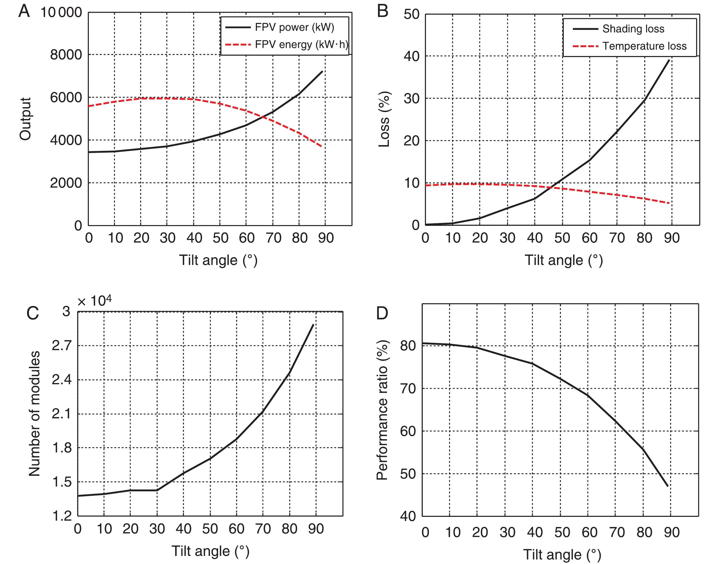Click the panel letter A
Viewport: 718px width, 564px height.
click(24, 11)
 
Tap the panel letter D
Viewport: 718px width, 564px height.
click(382, 313)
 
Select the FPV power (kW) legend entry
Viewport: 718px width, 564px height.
click(294, 27)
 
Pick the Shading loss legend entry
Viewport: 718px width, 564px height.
click(633, 29)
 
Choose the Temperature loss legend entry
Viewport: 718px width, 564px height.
click(644, 46)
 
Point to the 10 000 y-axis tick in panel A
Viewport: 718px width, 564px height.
click(61, 13)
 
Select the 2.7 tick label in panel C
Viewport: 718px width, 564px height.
click(62, 346)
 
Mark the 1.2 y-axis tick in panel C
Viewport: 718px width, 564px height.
click(62, 516)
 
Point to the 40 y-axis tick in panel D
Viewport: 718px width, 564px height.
click(408, 516)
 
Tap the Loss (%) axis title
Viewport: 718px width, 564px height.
click(384, 119)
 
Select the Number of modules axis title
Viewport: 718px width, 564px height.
click(34, 413)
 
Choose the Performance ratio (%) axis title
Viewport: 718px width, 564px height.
click(382, 410)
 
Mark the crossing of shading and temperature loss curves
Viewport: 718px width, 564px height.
click(551, 188)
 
